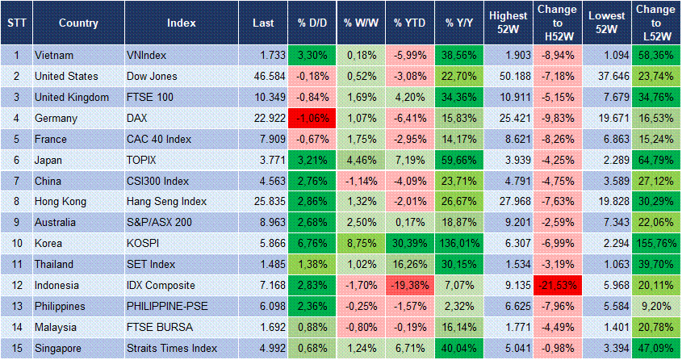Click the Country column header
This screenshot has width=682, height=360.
[x=78, y=23]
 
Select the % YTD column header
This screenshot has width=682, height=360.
[x=410, y=23]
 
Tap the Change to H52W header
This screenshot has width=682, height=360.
[x=557, y=23]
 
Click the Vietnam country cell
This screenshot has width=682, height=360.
[x=54, y=55]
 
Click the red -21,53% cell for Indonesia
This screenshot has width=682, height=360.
[x=557, y=286]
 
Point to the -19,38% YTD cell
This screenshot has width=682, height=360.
[x=410, y=286]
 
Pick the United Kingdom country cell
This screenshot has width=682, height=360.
[x=72, y=97]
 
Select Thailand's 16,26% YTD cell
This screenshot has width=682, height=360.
[x=410, y=265]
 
